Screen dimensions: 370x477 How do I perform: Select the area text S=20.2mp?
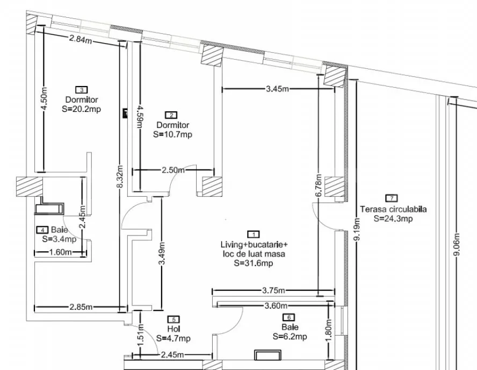pos(82,108)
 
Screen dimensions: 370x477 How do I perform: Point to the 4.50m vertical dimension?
pos(44,99)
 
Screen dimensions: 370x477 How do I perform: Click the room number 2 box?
pos(171,115)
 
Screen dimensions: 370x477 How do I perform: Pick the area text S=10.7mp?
pos(172,134)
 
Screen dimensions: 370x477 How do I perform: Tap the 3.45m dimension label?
pos(278,89)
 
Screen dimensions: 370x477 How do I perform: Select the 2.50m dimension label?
pos(173,170)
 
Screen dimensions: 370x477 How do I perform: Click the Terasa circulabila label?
pos(393,210)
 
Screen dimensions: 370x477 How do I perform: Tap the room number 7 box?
pos(393,198)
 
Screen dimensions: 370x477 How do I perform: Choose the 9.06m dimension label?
pos(457,246)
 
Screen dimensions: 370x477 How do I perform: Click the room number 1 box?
pos(251,234)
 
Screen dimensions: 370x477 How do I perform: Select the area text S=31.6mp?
pos(252,264)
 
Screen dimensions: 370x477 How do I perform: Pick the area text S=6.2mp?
pos(290,337)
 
